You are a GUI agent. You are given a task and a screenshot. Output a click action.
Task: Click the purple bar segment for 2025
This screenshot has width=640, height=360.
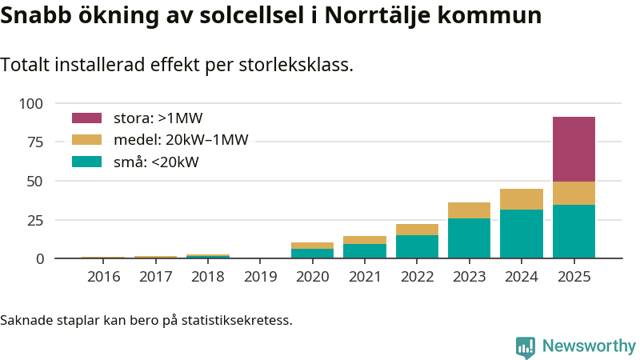click(x=574, y=150)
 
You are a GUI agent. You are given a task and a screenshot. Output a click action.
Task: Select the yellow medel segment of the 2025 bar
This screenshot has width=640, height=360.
click(x=574, y=193)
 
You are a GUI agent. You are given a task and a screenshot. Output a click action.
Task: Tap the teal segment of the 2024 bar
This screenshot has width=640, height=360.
click(x=522, y=234)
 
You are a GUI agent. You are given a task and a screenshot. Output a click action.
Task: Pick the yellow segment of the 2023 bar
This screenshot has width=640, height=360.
click(x=469, y=210)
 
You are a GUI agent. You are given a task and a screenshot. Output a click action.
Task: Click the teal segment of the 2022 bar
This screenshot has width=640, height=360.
click(x=417, y=246)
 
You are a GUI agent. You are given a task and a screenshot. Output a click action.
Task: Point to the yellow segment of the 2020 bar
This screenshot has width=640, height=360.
click(x=312, y=246)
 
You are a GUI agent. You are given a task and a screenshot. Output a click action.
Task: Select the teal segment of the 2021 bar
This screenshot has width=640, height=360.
click(x=365, y=251)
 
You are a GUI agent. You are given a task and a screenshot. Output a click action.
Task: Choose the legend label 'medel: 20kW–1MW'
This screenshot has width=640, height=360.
click(x=181, y=140)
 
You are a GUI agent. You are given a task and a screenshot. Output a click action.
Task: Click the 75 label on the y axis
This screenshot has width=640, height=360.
click(x=36, y=142)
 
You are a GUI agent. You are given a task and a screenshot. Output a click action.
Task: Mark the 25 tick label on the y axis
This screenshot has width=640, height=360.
click(x=36, y=220)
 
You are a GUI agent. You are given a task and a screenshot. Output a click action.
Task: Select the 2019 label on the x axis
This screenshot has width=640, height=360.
click(x=260, y=277)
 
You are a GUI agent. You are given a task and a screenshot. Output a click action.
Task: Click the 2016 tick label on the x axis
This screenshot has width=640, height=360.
click(x=103, y=277)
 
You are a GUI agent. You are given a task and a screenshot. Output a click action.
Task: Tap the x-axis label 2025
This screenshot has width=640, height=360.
click(x=574, y=277)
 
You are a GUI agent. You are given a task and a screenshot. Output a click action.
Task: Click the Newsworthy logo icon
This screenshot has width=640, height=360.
click(x=526, y=346)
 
